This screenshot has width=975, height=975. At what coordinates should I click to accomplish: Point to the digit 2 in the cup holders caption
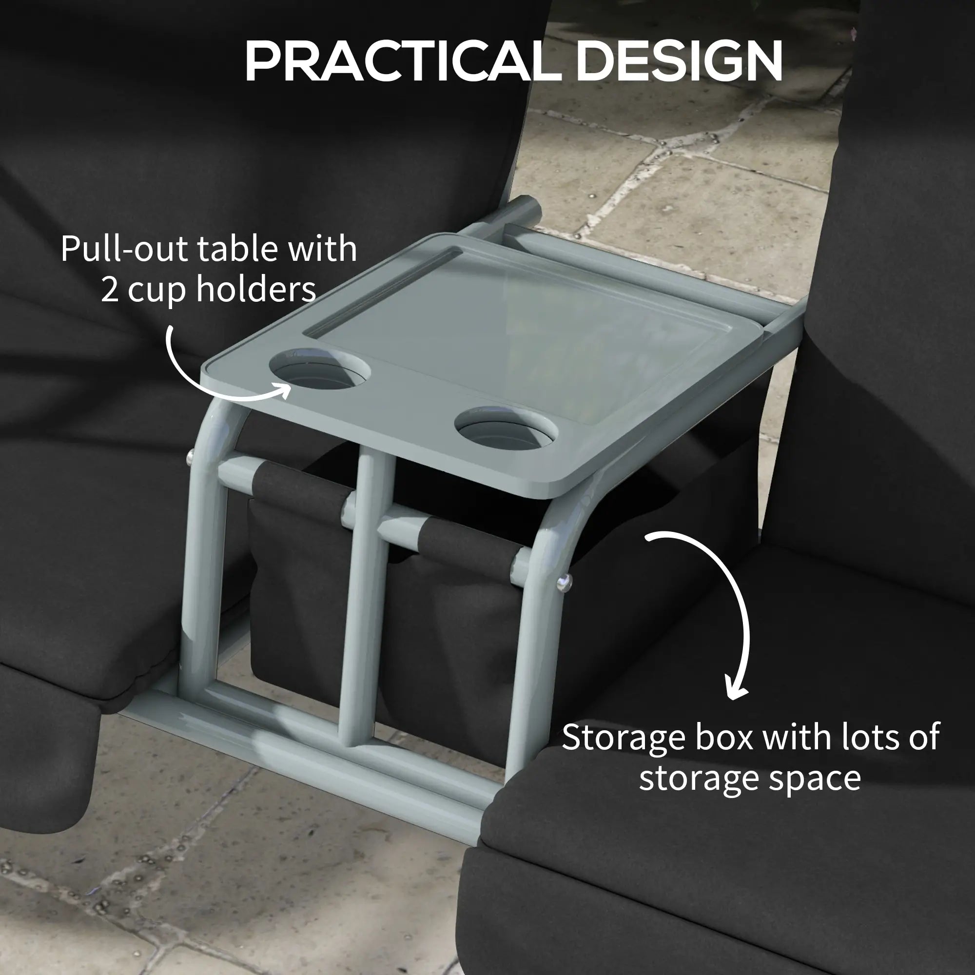point(110,290)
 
